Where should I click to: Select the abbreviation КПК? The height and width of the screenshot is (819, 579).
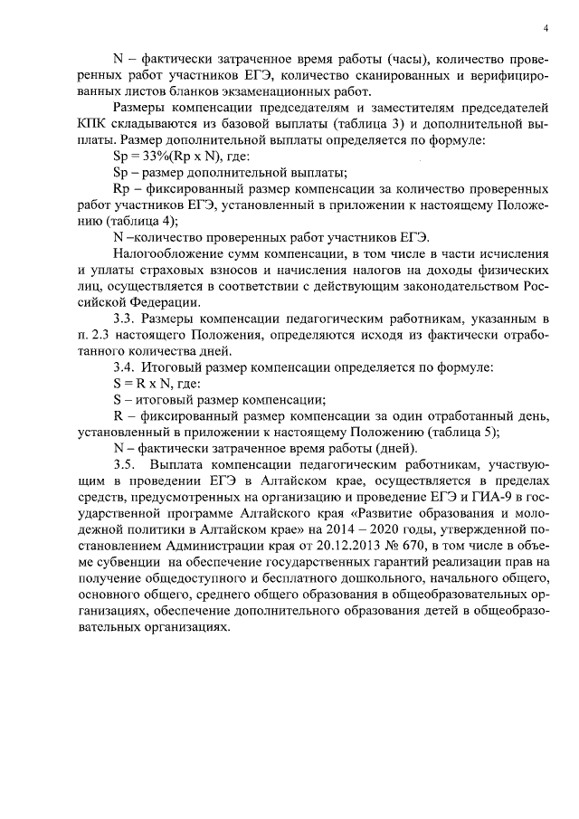click(94, 123)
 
